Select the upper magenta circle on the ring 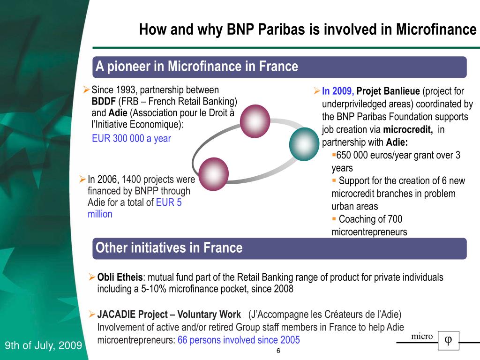[255, 121]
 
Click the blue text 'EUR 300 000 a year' [131, 138]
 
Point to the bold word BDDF [104, 102]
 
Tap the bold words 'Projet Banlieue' [388, 91]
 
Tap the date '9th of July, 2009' [43, 346]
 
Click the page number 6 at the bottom [278, 352]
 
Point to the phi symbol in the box [448, 340]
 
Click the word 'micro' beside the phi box [422, 337]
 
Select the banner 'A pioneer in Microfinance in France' [197, 67]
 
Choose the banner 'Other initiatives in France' [169, 248]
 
